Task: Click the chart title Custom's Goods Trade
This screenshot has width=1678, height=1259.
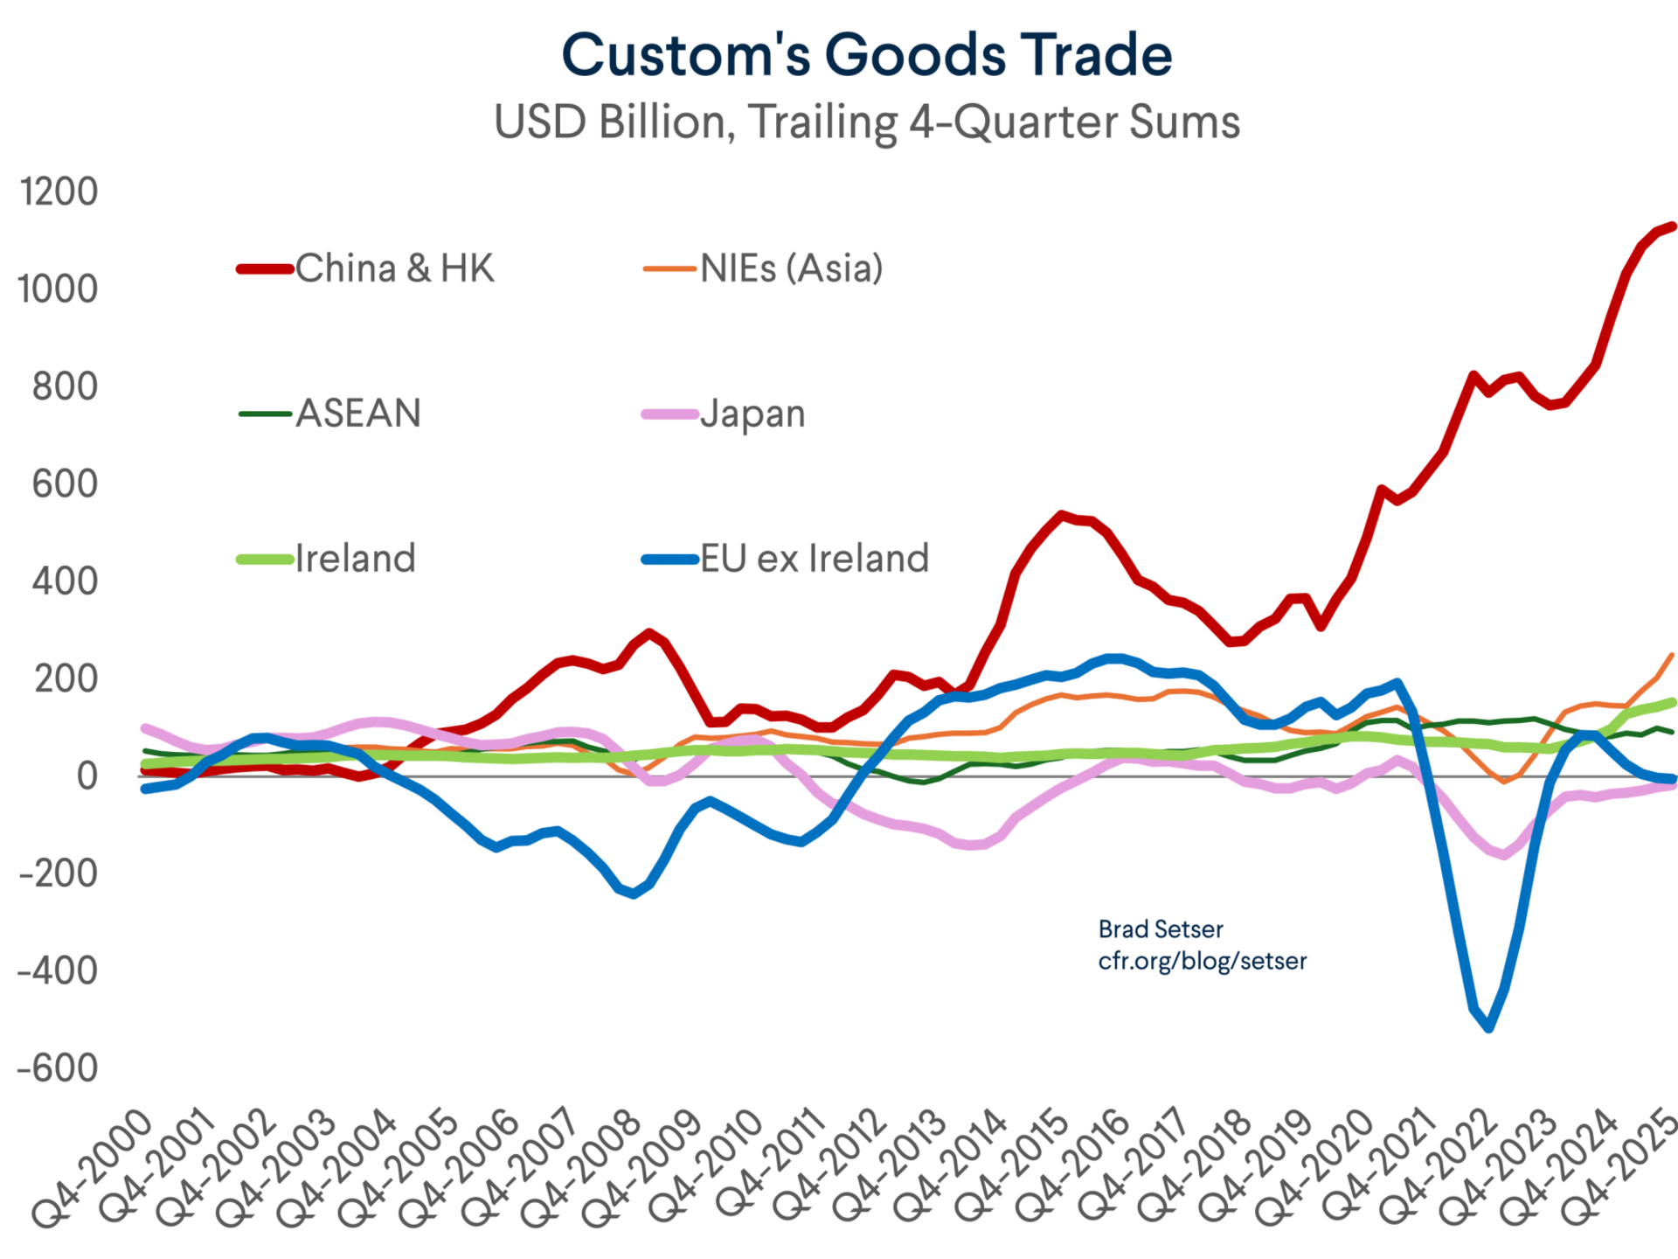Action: tap(866, 54)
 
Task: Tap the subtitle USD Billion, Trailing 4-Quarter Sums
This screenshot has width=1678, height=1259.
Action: tap(866, 122)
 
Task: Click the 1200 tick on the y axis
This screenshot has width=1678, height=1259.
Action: tap(59, 191)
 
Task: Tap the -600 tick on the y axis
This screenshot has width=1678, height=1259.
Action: tap(59, 1068)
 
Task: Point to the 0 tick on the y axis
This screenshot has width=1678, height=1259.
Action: tap(86, 776)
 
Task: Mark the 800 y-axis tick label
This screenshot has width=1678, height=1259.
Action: tap(65, 386)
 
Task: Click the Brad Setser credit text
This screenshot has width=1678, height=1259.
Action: tap(1160, 929)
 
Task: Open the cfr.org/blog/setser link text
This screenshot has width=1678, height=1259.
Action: tap(1202, 961)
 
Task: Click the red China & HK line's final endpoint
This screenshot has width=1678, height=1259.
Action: tap(1672, 226)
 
